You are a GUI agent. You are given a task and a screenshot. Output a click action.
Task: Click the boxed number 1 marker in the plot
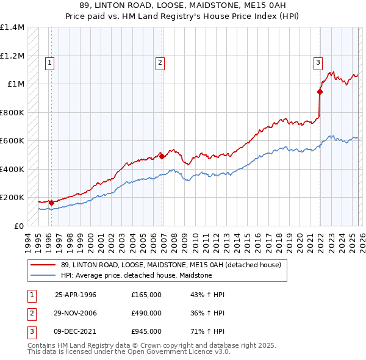(x=49, y=62)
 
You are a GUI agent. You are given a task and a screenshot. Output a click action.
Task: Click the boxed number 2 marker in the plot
(x=159, y=62)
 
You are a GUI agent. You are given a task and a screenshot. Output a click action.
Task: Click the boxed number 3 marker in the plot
(x=318, y=62)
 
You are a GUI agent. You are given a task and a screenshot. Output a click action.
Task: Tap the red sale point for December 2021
(x=320, y=92)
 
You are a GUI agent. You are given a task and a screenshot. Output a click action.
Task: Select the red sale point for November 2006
(x=162, y=156)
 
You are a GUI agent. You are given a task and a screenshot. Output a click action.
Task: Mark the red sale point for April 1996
(x=51, y=203)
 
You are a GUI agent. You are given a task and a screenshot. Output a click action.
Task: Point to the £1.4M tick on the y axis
(x=12, y=27)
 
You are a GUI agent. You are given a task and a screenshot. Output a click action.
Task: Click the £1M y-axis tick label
(x=16, y=84)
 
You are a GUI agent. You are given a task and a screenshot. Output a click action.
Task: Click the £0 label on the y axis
(x=20, y=226)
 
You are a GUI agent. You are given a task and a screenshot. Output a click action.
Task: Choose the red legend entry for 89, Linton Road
(x=171, y=265)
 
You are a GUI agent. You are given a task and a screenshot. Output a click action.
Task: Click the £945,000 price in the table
(x=146, y=331)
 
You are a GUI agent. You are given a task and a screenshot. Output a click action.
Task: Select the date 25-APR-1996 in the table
(x=76, y=295)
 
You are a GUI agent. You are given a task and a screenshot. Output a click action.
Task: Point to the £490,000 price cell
(x=146, y=313)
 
